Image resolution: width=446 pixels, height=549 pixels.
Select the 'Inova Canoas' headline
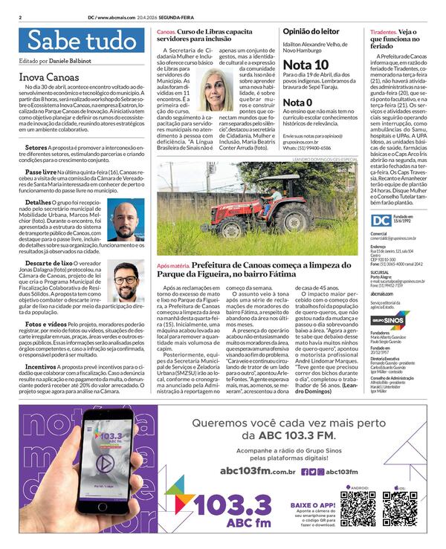tap(49, 77)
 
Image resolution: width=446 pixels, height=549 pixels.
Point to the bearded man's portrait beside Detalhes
tap(126, 220)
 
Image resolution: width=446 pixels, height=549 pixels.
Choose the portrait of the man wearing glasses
tap(126, 280)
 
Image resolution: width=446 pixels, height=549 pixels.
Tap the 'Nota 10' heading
tap(306, 65)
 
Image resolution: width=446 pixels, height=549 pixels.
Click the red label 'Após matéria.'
tap(173, 265)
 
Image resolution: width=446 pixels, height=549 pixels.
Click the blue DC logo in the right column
tap(381, 221)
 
